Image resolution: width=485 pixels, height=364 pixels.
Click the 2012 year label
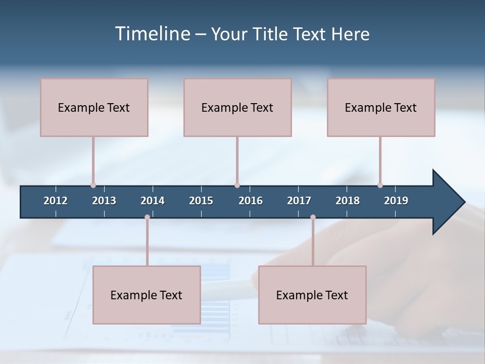coord(56,201)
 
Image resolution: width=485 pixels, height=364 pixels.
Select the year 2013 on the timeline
coord(104,201)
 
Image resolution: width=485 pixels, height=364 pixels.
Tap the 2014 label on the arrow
coord(153,201)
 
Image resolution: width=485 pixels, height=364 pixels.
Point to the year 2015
coord(201,201)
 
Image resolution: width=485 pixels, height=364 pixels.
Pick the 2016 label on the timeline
coord(251,201)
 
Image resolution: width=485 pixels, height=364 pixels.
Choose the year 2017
coord(299,201)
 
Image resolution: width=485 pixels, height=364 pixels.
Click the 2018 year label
coord(348,201)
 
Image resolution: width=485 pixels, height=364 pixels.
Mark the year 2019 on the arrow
coord(396,201)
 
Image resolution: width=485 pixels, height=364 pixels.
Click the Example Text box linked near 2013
coord(94,107)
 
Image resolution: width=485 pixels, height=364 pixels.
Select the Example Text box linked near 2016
coord(237,107)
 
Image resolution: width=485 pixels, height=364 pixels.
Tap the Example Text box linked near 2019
coord(381,107)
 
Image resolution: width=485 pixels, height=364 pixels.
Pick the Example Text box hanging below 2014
coord(147,295)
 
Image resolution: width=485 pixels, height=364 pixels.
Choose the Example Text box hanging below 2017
coord(312,295)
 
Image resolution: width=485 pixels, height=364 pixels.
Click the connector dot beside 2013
coord(93,185)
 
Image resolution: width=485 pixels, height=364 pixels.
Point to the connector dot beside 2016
coord(237,185)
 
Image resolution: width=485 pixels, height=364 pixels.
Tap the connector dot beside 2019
coord(380,185)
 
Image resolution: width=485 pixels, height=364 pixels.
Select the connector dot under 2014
coord(147,217)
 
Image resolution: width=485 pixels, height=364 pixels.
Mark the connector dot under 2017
coord(313,217)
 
